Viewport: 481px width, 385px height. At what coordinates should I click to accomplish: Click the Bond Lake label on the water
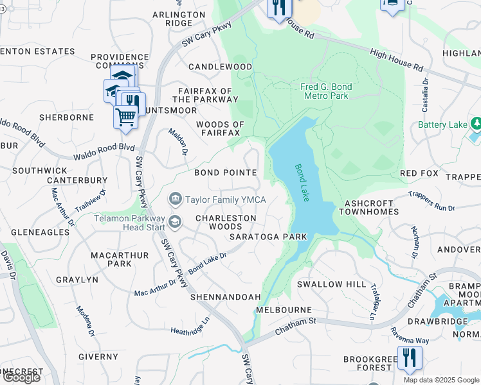click(x=302, y=183)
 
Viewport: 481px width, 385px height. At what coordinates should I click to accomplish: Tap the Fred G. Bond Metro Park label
click(x=325, y=91)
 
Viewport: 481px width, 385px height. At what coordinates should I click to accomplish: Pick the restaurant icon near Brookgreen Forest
click(x=410, y=357)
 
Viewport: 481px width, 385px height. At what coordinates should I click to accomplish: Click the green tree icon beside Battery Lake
click(x=476, y=123)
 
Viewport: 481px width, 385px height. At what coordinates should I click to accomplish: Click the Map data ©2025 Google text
click(x=441, y=380)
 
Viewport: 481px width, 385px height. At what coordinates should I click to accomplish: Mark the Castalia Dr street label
click(x=424, y=94)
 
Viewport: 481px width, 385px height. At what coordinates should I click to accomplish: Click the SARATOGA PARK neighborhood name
click(x=268, y=237)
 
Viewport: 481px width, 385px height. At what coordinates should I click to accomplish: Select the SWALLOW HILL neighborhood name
click(x=327, y=284)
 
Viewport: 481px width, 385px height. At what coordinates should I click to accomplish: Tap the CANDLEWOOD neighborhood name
click(x=220, y=67)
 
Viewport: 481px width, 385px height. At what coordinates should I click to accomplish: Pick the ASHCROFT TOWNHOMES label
click(x=371, y=207)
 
